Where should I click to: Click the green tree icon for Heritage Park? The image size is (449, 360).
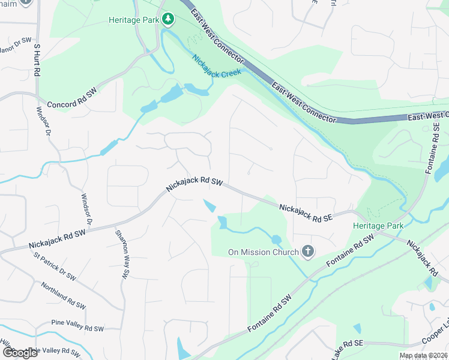pyautogui.click(x=169, y=20)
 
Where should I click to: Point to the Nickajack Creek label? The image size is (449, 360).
pyautogui.click(x=216, y=67)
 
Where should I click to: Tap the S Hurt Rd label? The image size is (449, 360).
pyautogui.click(x=37, y=59)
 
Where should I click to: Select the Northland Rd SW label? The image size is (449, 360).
pyautogui.click(x=67, y=295)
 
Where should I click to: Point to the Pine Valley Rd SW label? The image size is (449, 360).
pyautogui.click(x=77, y=328)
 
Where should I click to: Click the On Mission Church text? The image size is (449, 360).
pyautogui.click(x=263, y=252)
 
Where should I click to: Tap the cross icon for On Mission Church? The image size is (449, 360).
pyautogui.click(x=307, y=251)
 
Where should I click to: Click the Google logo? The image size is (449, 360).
pyautogui.click(x=20, y=353)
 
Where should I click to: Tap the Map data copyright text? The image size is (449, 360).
pyautogui.click(x=423, y=355)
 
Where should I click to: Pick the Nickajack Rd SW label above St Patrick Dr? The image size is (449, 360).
pyautogui.click(x=58, y=238)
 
